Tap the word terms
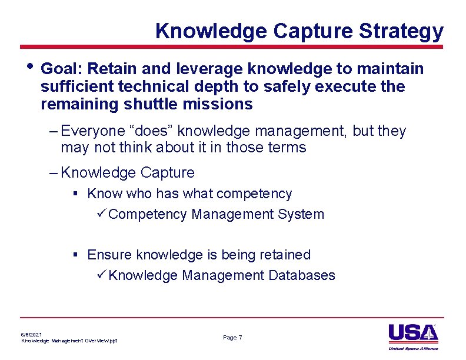(285, 147)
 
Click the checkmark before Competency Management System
(101, 214)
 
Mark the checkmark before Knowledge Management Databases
(101, 275)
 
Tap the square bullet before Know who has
(75, 194)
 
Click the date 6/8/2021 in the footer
(32, 334)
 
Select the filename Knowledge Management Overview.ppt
(69, 341)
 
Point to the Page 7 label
(232, 337)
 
